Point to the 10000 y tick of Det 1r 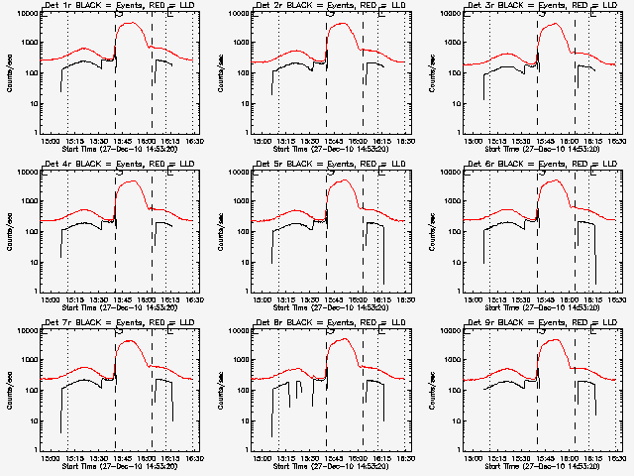click(23, 14)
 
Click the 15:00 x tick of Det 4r click(49, 299)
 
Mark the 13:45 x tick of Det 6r click(543, 299)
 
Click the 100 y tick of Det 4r click(27, 231)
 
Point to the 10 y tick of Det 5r click(243, 261)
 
